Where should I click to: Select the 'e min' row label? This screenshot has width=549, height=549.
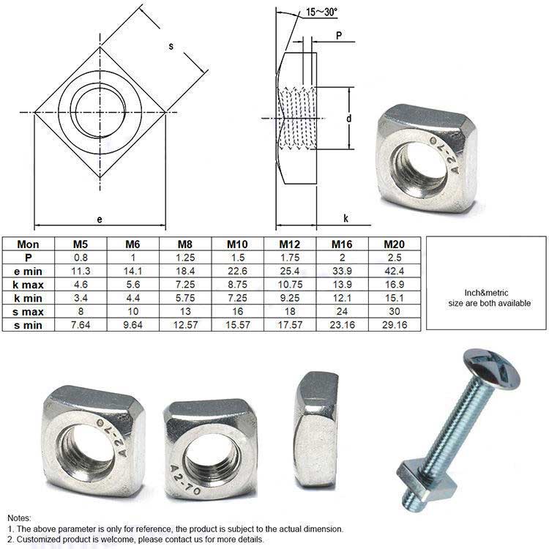(x=28, y=271)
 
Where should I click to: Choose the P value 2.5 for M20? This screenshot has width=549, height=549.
(x=395, y=258)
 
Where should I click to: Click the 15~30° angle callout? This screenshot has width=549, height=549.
(x=322, y=11)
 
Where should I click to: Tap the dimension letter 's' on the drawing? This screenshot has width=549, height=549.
(x=171, y=46)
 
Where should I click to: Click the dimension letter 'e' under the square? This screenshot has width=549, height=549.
(x=99, y=218)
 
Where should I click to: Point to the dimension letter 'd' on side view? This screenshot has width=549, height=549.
(x=351, y=118)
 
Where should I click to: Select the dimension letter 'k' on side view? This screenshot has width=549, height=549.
(x=345, y=218)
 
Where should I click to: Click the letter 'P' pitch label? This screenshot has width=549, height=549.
(x=340, y=35)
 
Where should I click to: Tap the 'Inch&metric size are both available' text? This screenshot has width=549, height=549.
(x=485, y=298)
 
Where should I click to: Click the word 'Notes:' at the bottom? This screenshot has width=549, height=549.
(x=20, y=517)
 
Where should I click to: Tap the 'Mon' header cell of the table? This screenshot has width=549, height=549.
(x=28, y=244)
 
